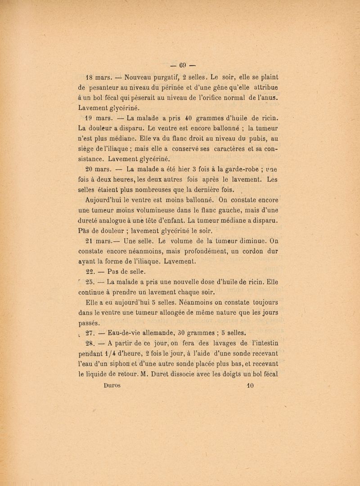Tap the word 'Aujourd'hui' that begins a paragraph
point(107,200)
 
